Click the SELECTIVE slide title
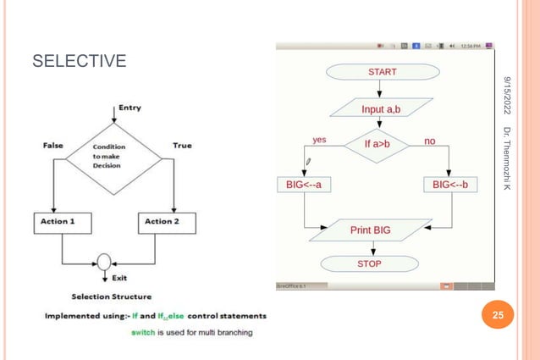pyautogui.click(x=79, y=62)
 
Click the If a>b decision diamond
pyautogui.click(x=377, y=145)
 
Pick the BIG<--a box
pyautogui.click(x=304, y=184)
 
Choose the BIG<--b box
pyautogui.click(x=449, y=184)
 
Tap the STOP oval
pyautogui.click(x=369, y=263)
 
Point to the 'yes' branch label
pyautogui.click(x=320, y=140)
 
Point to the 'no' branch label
pyautogui.click(x=430, y=140)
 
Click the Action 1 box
pyautogui.click(x=61, y=222)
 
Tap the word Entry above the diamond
pyautogui.click(x=129, y=108)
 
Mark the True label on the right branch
pyautogui.click(x=182, y=146)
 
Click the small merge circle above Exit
pyautogui.click(x=104, y=261)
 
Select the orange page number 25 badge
pyautogui.click(x=498, y=316)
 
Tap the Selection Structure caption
pyautogui.click(x=112, y=296)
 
